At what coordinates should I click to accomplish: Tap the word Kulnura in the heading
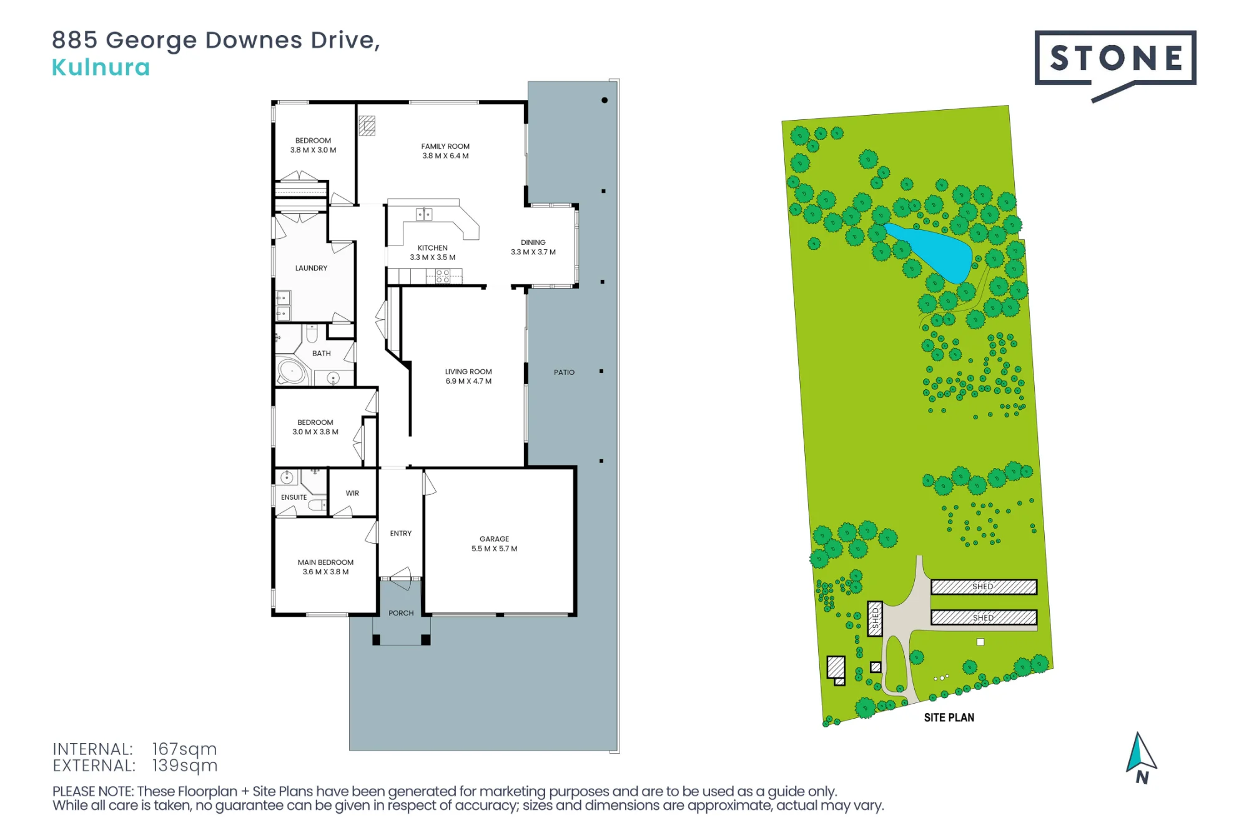coord(101,67)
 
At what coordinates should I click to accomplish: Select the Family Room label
coord(445,151)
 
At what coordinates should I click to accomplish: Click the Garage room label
coord(494,544)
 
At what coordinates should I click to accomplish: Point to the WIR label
coord(352,493)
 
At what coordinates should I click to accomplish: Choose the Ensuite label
coord(294,497)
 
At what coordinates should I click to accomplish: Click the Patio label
coord(564,372)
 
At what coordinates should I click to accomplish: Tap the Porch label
coord(401,613)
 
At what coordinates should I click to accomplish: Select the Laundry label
coord(311,268)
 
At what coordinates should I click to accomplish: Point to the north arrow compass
coord(1141,758)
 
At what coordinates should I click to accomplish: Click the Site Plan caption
coord(949,717)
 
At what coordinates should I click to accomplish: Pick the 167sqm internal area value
coord(184,749)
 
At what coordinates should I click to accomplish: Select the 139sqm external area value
coord(185,766)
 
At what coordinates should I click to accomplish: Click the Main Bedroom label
coord(325,567)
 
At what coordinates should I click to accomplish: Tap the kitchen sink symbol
coord(424,214)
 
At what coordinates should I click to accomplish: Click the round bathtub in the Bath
coord(292,371)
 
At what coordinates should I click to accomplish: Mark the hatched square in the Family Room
coord(367,126)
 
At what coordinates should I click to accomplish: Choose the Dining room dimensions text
coord(533,252)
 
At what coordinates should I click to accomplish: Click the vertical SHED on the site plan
coord(875,619)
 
